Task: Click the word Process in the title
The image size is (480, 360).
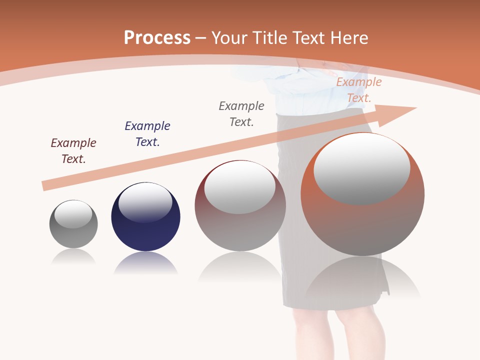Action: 157,38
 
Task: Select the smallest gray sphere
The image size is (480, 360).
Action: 73,224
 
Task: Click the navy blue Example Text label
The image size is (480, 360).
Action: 147,134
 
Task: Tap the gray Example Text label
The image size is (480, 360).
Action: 241,114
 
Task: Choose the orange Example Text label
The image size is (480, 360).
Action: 359,90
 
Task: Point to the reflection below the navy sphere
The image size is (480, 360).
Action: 145,263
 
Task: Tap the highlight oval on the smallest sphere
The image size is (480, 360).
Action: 73,214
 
